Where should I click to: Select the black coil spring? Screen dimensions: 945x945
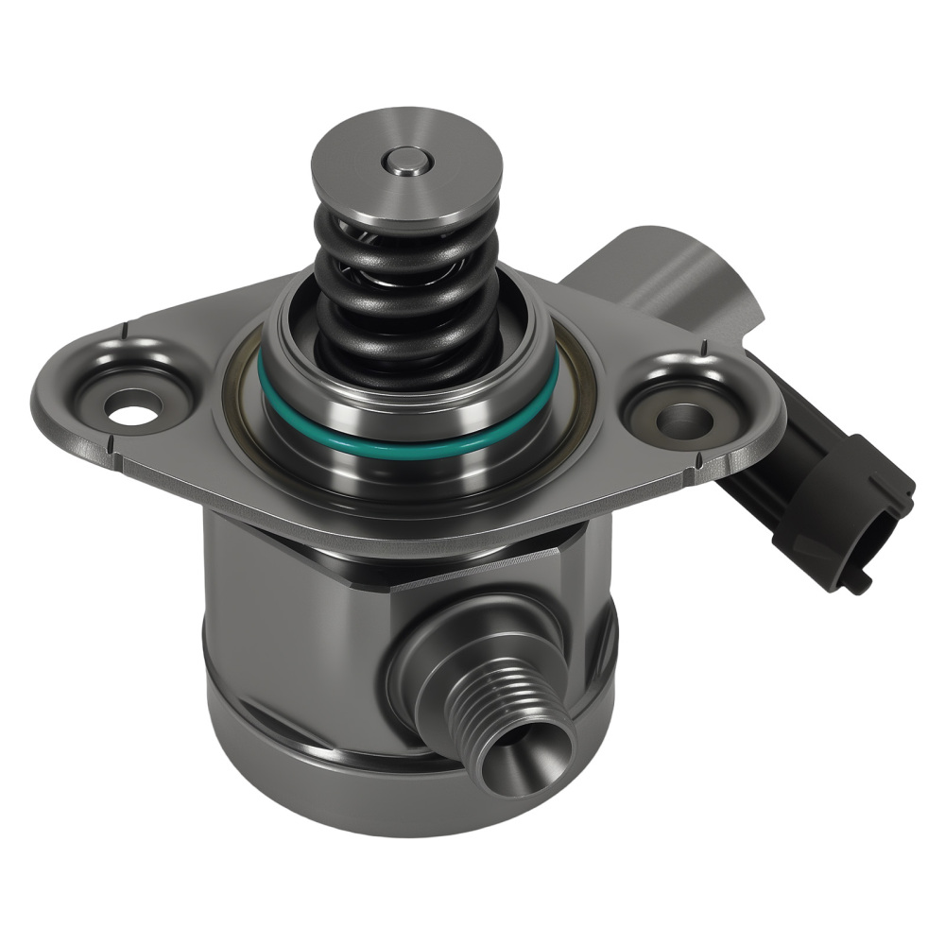point(406,283)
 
